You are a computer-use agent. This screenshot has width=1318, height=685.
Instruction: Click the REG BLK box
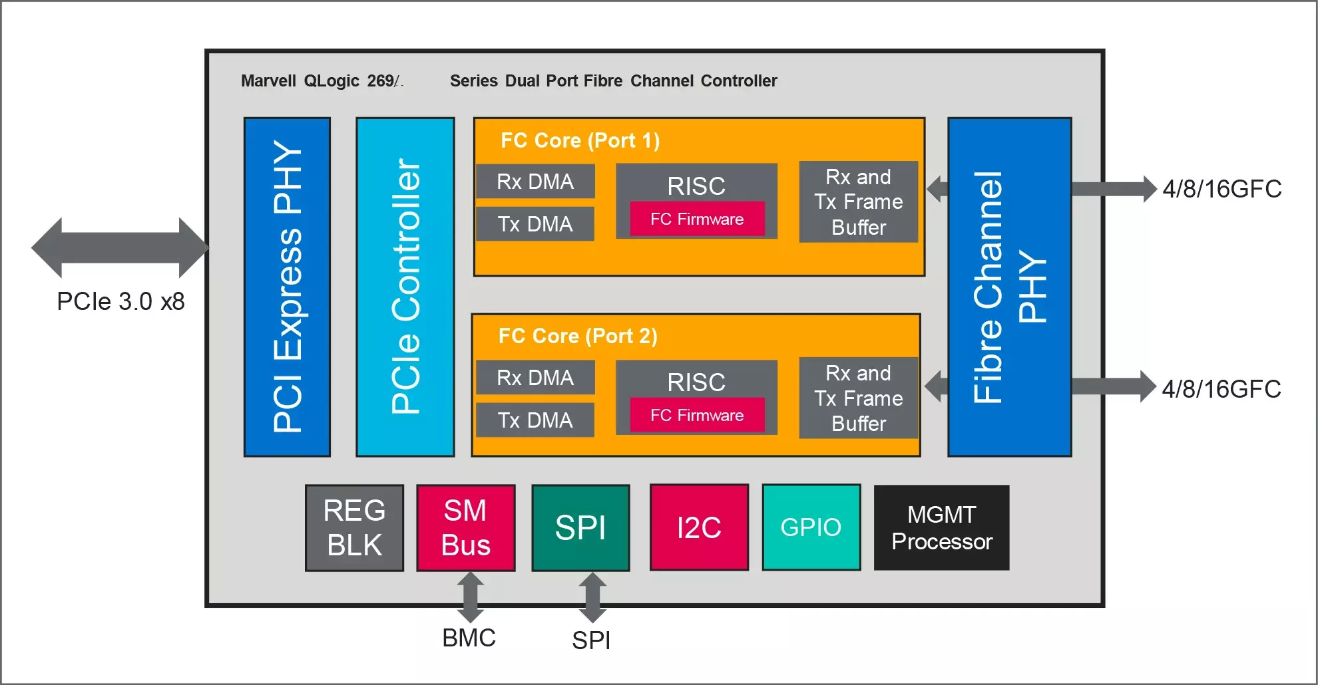[x=354, y=528]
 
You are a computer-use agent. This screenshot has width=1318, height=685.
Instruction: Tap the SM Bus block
[x=466, y=528]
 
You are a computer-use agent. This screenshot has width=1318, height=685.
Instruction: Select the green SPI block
[x=580, y=528]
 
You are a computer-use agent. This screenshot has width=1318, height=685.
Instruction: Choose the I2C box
[x=699, y=527]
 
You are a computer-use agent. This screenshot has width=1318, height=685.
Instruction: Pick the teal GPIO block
[x=811, y=527]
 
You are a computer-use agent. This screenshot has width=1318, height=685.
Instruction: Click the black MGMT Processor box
[x=941, y=527]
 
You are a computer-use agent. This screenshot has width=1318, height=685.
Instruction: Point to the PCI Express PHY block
[x=287, y=287]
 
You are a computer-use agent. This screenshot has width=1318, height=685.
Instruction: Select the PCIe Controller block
[x=405, y=287]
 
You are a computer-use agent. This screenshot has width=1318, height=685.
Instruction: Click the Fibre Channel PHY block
[x=1009, y=287]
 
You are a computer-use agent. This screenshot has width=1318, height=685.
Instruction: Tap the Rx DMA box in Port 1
[x=535, y=182]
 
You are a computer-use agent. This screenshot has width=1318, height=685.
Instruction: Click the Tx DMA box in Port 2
[x=535, y=420]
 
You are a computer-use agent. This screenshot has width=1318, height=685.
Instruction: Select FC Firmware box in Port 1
[x=697, y=219]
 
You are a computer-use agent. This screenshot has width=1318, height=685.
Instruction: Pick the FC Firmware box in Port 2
[x=697, y=415]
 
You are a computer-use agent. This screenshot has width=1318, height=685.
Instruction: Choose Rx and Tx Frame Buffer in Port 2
[x=858, y=398]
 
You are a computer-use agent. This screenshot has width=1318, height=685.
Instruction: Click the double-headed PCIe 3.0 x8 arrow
[x=120, y=247]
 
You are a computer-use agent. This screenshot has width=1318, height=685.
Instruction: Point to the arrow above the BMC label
[x=470, y=597]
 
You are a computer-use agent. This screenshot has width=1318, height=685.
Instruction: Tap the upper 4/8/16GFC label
[x=1221, y=189]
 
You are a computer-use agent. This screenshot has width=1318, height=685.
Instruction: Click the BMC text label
[x=469, y=638]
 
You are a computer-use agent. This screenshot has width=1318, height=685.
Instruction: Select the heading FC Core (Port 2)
[x=578, y=336]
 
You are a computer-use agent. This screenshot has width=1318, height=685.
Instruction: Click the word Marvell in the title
[x=268, y=81]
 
